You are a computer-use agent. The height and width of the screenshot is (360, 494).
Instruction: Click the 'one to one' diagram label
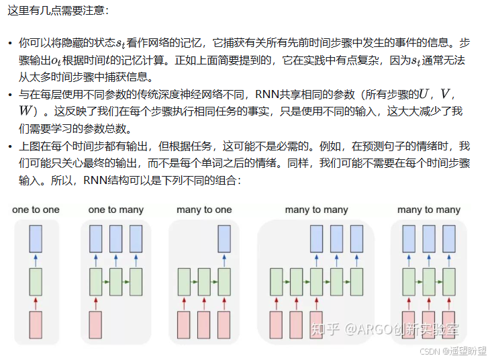36,210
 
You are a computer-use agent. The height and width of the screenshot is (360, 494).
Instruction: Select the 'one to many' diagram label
115,210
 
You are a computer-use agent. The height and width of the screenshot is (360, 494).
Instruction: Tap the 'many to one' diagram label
204,210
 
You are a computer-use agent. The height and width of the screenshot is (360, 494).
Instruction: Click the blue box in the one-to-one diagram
36,238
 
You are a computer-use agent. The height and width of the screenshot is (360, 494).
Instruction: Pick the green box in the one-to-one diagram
36,281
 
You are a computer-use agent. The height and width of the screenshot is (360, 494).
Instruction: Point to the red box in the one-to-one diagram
36,324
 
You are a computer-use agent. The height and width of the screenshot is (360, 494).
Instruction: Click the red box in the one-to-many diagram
96,324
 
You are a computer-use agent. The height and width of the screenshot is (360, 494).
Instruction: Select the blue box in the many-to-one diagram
226,238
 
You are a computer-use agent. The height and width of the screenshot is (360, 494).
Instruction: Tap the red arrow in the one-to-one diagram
36,304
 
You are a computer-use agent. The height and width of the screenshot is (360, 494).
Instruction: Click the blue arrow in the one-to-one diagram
36,261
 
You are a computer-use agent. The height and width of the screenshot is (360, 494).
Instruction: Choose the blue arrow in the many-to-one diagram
226,261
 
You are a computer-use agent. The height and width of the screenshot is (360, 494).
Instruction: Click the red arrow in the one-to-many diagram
96,304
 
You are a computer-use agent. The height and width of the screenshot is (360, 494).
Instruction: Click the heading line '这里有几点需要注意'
57,11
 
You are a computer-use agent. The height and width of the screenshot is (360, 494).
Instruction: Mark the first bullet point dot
10,44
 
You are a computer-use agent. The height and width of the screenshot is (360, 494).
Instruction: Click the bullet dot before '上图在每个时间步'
10,146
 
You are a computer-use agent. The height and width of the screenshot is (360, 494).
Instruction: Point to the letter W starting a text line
27,111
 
